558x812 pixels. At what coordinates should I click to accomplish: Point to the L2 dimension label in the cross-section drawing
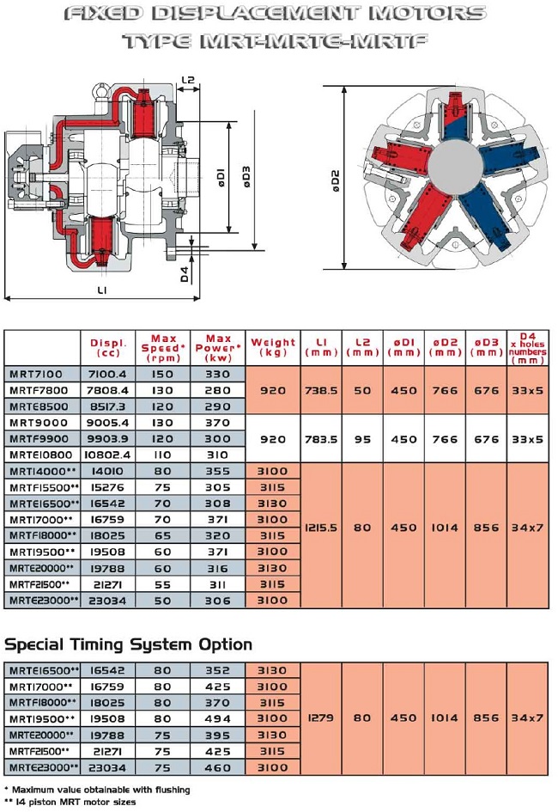point(189,81)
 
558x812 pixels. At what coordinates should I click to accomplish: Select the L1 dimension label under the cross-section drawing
point(102,290)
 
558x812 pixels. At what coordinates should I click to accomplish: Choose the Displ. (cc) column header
point(108,348)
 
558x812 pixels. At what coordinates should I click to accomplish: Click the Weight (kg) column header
point(273,348)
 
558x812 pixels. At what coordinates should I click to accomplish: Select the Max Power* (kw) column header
point(218,348)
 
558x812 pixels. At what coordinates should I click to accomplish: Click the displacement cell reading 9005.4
point(108,423)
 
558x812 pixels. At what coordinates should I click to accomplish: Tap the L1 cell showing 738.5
point(322,390)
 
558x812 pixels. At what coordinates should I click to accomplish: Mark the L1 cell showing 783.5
point(322,439)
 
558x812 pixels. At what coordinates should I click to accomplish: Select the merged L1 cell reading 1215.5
point(322,528)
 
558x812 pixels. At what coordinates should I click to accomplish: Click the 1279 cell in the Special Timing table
point(322,718)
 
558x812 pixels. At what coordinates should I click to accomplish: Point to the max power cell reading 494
point(218,718)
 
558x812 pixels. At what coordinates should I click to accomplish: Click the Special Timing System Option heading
point(129,644)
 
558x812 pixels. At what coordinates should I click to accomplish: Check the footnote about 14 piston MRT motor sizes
point(73,802)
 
